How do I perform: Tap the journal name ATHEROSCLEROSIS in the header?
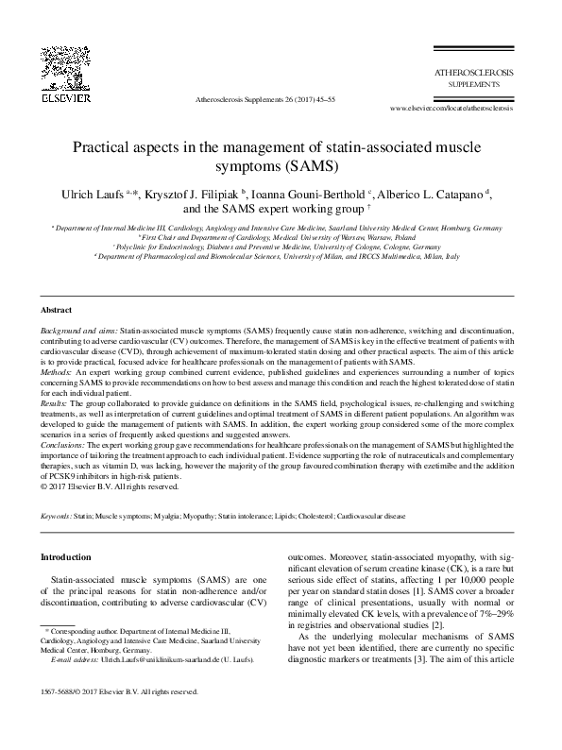[472, 72]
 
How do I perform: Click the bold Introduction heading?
[66, 557]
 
